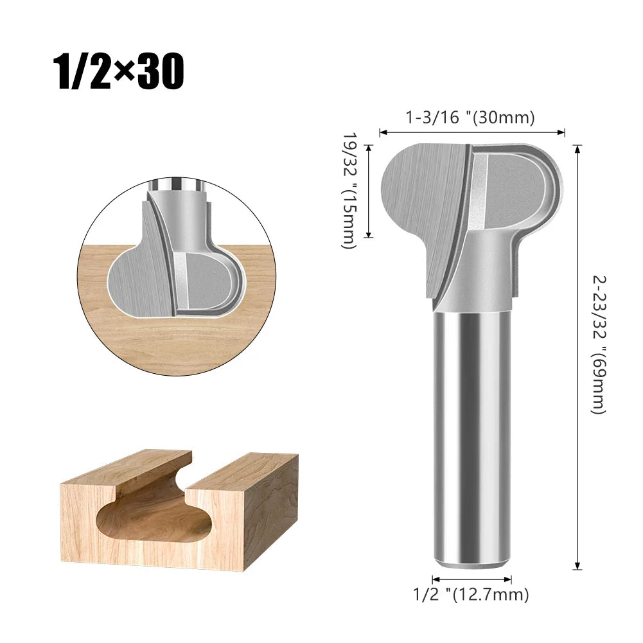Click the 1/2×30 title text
point(119,73)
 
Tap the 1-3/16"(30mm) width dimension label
point(470,118)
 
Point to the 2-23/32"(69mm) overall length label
point(598,344)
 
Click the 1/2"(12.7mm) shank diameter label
point(471,595)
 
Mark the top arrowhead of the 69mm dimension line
point(578,149)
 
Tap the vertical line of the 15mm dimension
point(369,191)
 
